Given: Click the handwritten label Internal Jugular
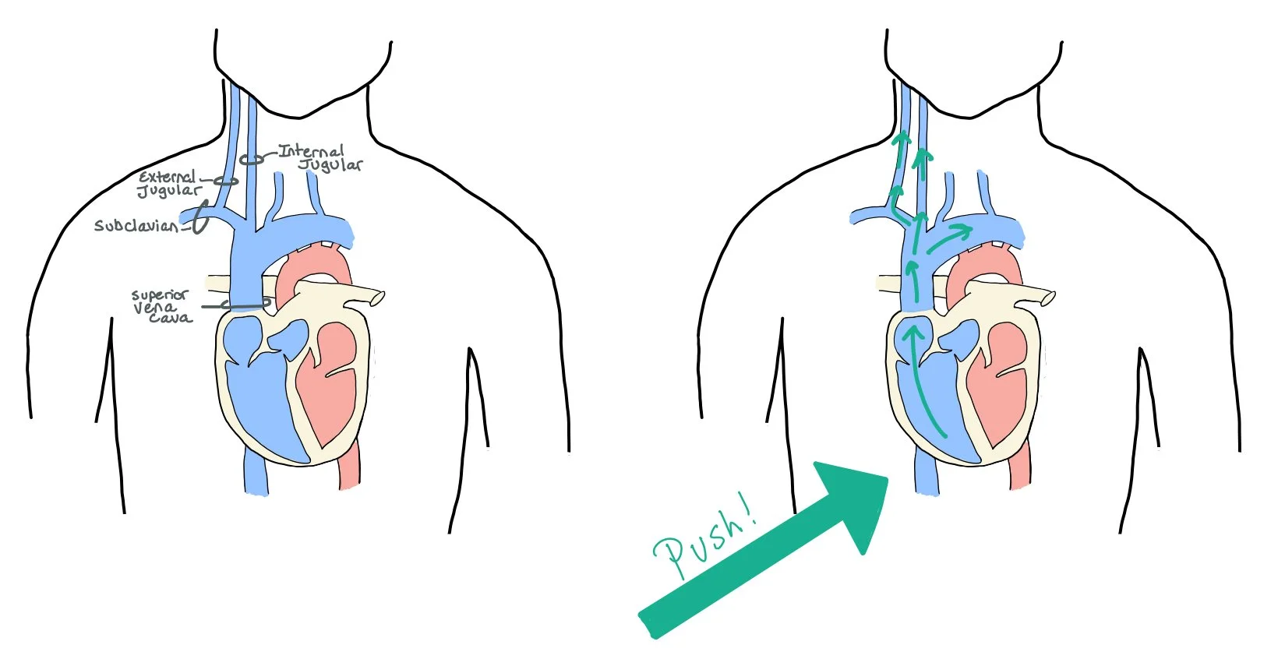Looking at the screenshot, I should coord(319,157).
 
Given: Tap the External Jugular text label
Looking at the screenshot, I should coord(168,184).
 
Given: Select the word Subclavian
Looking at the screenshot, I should coord(137,226).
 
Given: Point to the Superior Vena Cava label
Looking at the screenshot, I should coord(161,306).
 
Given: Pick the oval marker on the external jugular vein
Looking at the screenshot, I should coord(226,181).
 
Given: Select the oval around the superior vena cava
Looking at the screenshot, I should coord(245,304).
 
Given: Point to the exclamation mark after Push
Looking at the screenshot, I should coord(750,511).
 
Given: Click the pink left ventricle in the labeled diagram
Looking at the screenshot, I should coord(327,382).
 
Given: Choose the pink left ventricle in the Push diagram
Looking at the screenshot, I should coord(1000,382).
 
